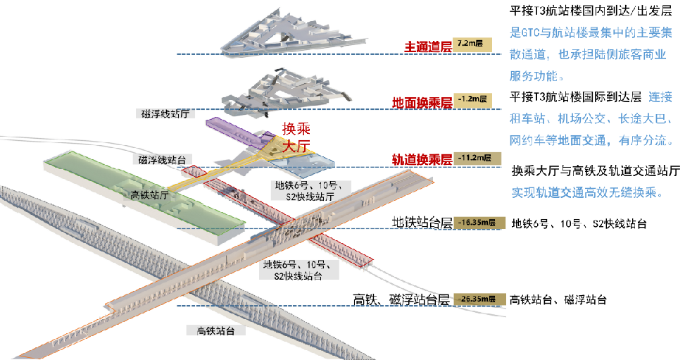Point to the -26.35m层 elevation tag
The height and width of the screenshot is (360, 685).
coord(479,299)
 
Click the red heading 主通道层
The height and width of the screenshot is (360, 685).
coord(427,46)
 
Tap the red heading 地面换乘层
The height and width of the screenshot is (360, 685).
coord(422,103)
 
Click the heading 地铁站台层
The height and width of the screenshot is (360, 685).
coord(422,223)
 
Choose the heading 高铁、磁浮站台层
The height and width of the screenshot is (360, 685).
coord(401,299)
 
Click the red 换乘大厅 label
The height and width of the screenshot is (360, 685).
coord(296,138)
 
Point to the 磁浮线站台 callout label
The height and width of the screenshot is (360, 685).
coord(162,160)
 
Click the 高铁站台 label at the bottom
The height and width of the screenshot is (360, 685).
coord(210,330)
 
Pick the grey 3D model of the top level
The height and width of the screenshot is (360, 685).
coord(289,32)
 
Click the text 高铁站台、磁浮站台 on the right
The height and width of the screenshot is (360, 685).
coord(558,299)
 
